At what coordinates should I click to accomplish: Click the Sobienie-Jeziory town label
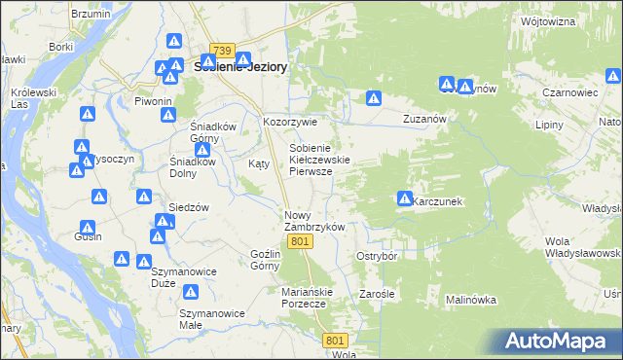pyautogui.click(x=239, y=67)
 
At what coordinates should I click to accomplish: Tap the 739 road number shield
pyautogui.click(x=223, y=50)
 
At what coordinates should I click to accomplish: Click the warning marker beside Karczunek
pyautogui.click(x=405, y=198)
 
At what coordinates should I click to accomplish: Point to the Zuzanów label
pyautogui.click(x=424, y=118)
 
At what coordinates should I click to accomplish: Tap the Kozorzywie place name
pyautogui.click(x=290, y=122)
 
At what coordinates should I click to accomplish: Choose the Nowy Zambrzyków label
pyautogui.click(x=314, y=221)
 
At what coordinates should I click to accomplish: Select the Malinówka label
pyautogui.click(x=471, y=300)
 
